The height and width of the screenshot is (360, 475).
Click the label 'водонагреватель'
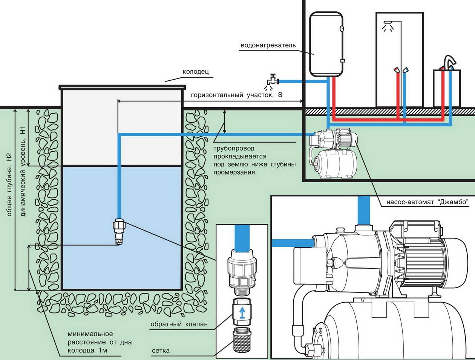point(268,45)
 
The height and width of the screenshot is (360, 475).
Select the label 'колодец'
point(195,71)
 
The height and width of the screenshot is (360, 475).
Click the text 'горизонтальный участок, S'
point(236,95)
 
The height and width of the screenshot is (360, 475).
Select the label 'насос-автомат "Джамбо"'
point(427,202)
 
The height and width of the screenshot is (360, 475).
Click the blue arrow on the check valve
point(243,312)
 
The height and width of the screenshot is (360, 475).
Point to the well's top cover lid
point(123,87)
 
